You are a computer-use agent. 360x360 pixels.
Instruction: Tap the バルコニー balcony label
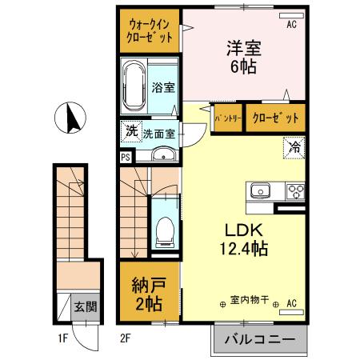(x=262, y=340)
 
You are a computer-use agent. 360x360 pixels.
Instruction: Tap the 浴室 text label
(x=163, y=87)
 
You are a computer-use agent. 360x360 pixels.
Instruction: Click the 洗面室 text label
(x=158, y=134)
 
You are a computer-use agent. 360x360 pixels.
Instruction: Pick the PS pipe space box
(x=125, y=157)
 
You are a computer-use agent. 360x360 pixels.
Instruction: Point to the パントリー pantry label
(x=228, y=118)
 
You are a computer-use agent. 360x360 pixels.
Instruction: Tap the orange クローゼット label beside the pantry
(x=275, y=118)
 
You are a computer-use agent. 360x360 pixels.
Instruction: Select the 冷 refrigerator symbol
(x=294, y=147)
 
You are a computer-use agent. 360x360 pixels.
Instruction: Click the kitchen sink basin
(x=260, y=192)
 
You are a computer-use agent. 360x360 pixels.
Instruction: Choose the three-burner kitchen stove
(x=294, y=192)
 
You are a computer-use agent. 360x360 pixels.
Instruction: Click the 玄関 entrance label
(x=86, y=305)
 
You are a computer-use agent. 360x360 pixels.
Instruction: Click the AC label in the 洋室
(x=292, y=23)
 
